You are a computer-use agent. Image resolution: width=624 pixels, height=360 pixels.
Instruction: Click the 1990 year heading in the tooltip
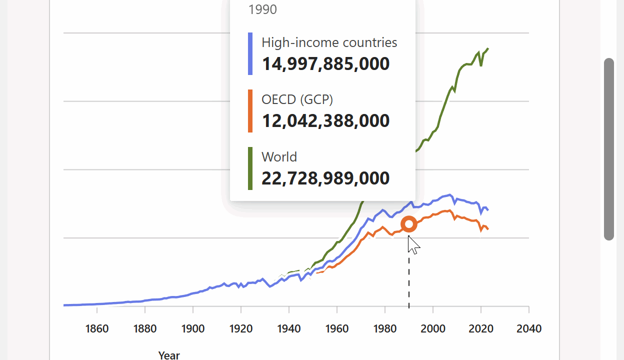coord(262,9)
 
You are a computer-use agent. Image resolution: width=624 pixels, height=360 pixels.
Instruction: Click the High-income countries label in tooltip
coord(329,42)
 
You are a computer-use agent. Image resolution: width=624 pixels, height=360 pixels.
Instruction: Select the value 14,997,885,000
coord(325,64)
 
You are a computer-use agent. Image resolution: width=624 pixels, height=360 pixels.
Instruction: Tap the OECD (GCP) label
coord(297,99)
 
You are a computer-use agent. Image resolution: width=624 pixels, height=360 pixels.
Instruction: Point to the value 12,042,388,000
coord(325,121)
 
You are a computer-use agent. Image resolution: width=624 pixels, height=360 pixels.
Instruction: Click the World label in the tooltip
coord(279,157)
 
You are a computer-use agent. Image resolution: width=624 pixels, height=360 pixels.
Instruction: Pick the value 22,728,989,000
coord(325,178)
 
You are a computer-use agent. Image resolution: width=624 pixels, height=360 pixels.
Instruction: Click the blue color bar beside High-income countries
coord(250,54)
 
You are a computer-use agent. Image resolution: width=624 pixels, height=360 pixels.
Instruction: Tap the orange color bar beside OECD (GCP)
coord(250,111)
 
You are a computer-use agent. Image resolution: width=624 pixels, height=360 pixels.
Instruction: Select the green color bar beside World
coord(250,168)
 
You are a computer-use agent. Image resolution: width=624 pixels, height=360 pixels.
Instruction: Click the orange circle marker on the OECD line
coord(409,224)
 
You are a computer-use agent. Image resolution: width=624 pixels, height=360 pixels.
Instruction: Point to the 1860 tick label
coord(96,329)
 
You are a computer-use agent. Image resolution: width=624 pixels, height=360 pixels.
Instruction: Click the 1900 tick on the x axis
coord(193,329)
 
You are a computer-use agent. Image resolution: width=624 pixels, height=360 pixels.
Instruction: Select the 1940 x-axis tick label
coord(289,329)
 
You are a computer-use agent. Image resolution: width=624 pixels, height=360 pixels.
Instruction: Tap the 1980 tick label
coord(385,329)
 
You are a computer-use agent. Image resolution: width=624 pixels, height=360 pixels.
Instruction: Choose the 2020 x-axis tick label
coord(481,329)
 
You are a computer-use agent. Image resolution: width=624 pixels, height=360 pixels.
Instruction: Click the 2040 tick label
coord(529,329)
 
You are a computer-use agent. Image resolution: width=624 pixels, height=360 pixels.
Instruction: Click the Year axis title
coord(169,355)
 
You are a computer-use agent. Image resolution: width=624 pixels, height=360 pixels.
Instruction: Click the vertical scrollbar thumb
coord(608,149)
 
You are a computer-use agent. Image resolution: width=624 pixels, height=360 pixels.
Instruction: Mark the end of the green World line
coord(488,48)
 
